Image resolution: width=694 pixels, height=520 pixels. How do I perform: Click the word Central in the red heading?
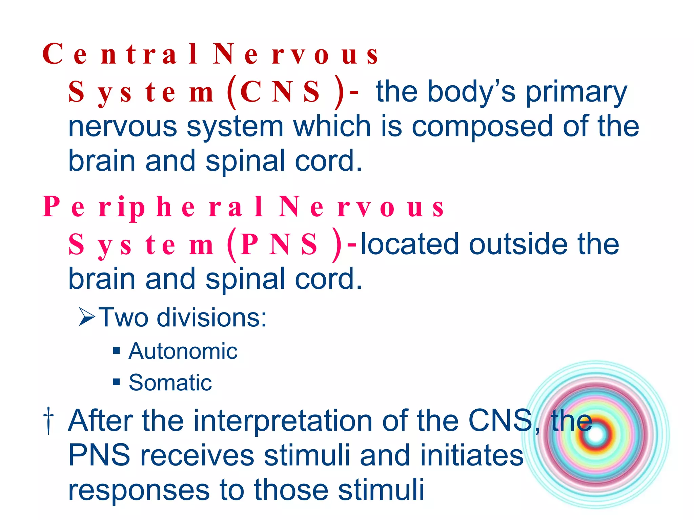point(120,54)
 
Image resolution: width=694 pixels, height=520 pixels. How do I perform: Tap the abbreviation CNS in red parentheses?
point(280,92)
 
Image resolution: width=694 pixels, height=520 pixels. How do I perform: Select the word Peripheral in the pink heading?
point(152,207)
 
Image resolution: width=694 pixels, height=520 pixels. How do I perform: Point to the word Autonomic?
point(183,351)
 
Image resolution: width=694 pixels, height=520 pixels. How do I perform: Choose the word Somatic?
point(170,383)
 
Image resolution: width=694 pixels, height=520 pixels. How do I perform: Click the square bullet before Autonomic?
point(117,351)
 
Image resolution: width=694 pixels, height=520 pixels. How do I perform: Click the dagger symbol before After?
point(49,420)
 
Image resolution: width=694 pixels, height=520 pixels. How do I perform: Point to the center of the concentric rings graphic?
point(596,435)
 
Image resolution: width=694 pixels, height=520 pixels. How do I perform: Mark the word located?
point(410,244)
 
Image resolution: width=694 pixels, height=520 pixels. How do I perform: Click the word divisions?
point(211,318)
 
